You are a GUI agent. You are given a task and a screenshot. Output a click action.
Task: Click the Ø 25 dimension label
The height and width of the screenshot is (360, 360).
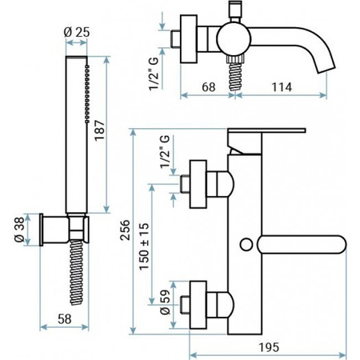click(x=77, y=32)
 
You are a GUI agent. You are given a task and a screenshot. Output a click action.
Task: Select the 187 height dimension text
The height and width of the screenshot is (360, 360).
click(x=100, y=130)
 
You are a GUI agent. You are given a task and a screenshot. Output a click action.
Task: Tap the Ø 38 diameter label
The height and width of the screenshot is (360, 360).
click(x=19, y=229)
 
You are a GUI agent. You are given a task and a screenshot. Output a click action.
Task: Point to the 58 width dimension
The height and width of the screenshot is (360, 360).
click(x=65, y=319)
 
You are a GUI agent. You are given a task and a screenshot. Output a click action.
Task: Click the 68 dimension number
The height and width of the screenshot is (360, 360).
click(x=209, y=87)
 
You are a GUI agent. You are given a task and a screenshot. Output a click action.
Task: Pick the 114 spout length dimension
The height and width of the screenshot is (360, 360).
click(x=282, y=87)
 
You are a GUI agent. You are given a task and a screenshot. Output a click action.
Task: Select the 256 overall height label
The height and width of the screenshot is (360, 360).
click(x=125, y=230)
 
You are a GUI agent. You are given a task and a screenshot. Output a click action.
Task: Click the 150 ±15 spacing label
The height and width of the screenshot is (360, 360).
click(x=144, y=246)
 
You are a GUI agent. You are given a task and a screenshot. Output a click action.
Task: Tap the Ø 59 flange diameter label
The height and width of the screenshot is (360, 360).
click(x=166, y=302)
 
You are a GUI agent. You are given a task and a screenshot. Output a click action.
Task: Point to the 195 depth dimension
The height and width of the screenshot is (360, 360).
click(x=269, y=347)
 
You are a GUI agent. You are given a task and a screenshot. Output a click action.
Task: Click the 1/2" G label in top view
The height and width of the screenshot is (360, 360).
click(x=154, y=74)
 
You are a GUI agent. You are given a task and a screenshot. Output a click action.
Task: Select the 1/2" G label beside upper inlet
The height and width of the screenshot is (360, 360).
click(x=165, y=151)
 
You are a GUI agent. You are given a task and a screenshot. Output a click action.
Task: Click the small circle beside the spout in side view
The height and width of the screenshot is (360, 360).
click(x=246, y=245)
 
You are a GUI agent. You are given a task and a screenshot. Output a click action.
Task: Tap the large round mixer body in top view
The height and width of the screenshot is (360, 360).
click(x=234, y=39)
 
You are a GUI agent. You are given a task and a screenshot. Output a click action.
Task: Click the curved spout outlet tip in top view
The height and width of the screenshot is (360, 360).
click(x=326, y=69)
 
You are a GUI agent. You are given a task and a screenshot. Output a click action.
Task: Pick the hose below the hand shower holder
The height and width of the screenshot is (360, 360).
click(x=77, y=272)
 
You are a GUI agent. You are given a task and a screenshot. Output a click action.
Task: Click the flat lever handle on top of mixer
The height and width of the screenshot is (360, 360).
click(x=266, y=130)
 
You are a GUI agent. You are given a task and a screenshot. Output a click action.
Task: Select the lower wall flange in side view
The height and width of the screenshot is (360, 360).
click(x=198, y=305)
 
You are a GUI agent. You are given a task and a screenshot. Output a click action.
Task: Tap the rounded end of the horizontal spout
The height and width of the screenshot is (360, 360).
click(x=342, y=245)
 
